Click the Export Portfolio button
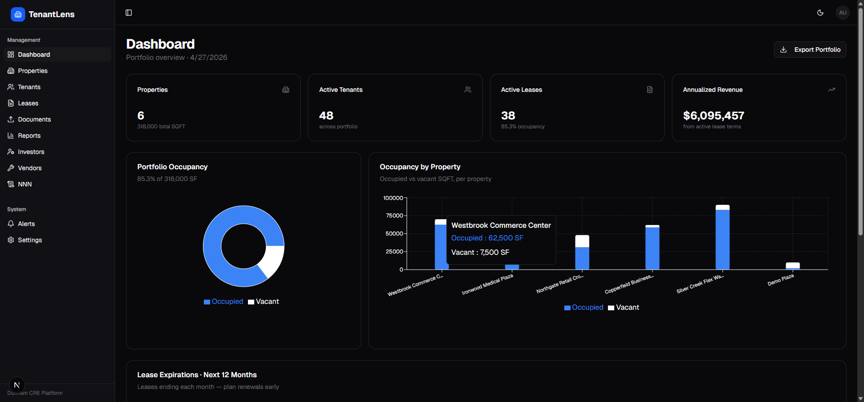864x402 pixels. point(810,50)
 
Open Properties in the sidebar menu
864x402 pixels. point(33,71)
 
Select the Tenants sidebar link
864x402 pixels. point(29,87)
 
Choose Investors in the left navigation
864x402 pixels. point(31,152)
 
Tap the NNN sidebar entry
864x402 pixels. point(25,184)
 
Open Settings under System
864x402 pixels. point(30,240)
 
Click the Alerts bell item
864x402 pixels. point(26,224)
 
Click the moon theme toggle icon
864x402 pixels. point(820,13)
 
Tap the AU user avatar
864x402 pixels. point(843,13)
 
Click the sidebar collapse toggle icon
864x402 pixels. point(129,13)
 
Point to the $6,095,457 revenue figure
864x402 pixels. point(713,116)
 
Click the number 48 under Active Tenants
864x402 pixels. point(326,116)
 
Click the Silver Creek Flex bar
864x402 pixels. point(722,239)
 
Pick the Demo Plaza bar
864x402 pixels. point(792,266)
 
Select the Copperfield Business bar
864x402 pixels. point(652,248)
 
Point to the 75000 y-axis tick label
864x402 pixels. point(394,216)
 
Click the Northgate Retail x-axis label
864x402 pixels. point(560,284)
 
